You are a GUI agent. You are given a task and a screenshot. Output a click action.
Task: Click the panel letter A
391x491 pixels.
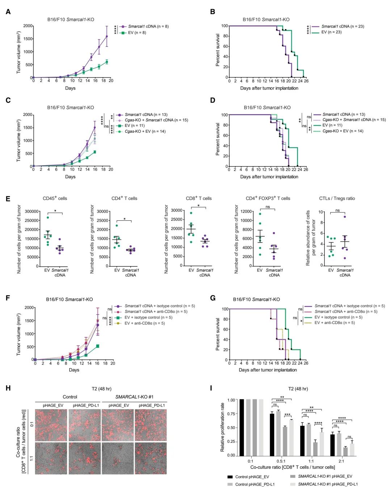[8, 12]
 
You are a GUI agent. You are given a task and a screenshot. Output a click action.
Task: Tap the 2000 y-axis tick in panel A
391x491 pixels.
[28, 26]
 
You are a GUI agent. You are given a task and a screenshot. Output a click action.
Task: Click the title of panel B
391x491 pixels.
[266, 20]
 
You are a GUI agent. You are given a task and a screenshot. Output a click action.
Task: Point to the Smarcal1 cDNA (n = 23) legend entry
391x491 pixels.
[342, 26]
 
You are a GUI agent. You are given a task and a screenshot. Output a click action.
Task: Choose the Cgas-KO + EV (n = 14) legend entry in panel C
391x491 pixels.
[145, 132]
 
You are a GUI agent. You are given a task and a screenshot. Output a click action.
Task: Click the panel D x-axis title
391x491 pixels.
[269, 177]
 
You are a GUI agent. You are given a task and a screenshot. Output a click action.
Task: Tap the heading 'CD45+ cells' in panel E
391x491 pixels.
[55, 199]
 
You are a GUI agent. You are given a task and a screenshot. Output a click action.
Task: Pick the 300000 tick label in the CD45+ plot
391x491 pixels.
[32, 212]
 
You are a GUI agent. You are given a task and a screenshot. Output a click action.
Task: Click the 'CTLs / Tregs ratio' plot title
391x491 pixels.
[337, 199]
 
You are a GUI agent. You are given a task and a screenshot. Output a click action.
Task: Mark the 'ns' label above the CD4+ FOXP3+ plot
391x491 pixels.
[268, 207]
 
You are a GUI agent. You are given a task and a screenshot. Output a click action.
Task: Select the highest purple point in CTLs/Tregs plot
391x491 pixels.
[345, 217]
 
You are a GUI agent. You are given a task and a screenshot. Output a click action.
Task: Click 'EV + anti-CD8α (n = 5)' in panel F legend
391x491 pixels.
[144, 323]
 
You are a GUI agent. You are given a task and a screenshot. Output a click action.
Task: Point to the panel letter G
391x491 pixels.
[213, 298]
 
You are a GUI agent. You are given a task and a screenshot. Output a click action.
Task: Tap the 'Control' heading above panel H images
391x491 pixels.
[70, 397]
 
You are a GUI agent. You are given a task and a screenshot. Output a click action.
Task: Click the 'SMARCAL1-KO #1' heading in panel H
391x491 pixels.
[134, 397]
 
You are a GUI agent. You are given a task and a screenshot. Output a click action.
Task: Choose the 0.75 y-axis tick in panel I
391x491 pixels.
[231, 414]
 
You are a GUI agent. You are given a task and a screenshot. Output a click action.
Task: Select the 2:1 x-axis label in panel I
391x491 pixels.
[341, 461]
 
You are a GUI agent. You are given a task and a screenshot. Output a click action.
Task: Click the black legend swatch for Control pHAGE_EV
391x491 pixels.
[230, 477]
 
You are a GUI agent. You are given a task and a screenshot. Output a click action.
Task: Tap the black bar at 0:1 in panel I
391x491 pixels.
[242, 428]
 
